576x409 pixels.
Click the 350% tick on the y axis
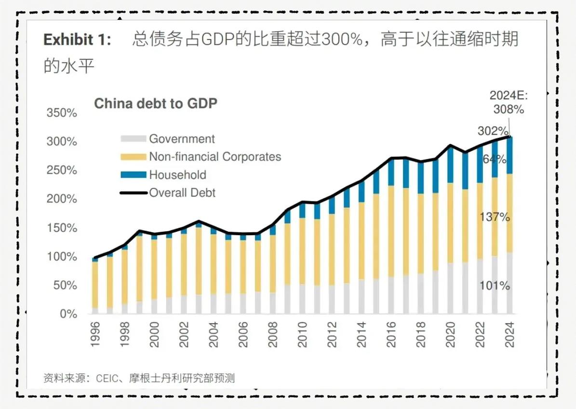click(x=61, y=113)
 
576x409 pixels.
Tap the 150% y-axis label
click(x=61, y=228)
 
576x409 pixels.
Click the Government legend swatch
click(x=133, y=139)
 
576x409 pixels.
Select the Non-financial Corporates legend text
click(x=215, y=157)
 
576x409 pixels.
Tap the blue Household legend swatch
click(x=133, y=175)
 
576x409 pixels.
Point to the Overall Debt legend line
click(x=133, y=193)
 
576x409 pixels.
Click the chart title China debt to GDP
click(x=155, y=103)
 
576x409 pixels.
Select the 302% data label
click(x=493, y=131)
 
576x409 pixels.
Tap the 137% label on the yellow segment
click(x=495, y=217)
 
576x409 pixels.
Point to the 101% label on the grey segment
click(x=495, y=286)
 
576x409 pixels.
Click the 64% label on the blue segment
click(x=495, y=159)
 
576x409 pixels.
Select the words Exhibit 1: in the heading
click(x=77, y=40)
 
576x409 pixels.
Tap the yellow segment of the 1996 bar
click(x=95, y=285)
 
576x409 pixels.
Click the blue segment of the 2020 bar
click(x=451, y=166)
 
